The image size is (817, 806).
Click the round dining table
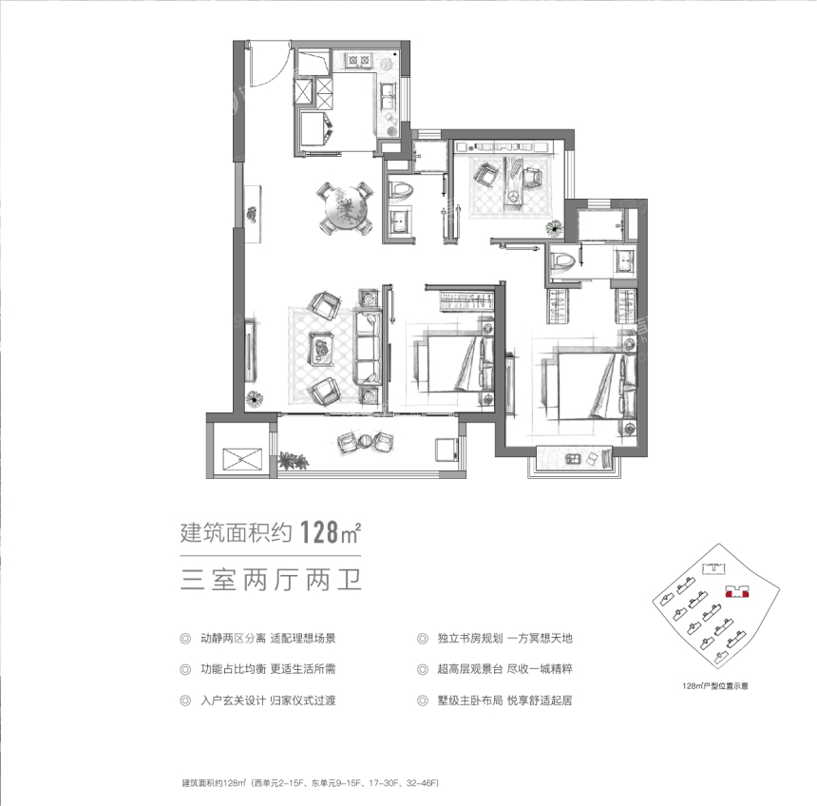click(346, 208)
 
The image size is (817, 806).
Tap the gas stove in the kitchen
click(359, 61)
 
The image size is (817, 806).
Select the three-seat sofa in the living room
click(367, 349)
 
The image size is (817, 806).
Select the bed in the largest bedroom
click(592, 385)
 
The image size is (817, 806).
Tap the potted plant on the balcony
click(293, 461)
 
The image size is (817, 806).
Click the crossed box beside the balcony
click(241, 459)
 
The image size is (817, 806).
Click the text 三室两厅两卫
click(271, 580)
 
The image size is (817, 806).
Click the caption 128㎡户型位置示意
click(714, 686)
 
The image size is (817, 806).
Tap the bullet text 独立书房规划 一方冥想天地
click(504, 638)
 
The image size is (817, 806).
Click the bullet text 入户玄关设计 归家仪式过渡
click(268, 700)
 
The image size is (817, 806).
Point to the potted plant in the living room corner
click(254, 399)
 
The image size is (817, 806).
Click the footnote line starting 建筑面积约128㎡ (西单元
click(311, 783)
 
